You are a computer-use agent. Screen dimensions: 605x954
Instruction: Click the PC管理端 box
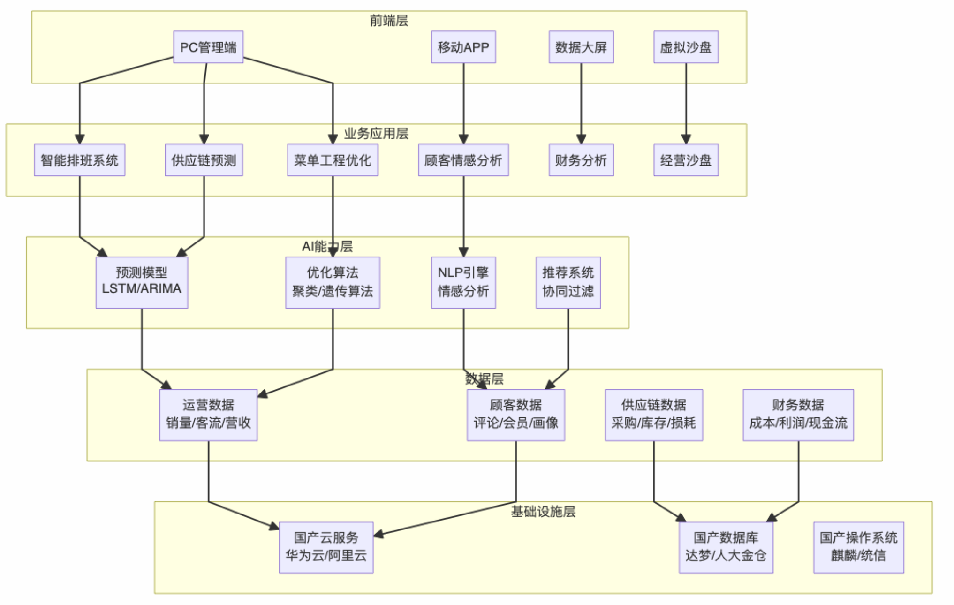(208, 47)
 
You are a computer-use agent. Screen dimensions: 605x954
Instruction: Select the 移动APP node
(463, 47)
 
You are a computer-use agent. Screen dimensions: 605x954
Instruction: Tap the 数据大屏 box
(581, 47)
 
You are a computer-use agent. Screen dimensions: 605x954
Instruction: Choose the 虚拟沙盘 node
(686, 47)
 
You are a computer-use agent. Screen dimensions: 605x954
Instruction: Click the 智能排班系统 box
(79, 160)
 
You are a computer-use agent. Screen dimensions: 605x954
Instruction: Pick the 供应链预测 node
(204, 160)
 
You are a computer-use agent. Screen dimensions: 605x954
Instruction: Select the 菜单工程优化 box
(332, 160)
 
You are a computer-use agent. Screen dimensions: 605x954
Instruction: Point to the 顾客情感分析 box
(463, 160)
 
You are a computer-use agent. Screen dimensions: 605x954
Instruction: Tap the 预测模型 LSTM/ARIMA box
(142, 282)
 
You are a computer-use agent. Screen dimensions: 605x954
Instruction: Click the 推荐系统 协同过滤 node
(568, 282)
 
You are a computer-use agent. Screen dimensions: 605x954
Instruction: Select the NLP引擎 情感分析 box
(463, 282)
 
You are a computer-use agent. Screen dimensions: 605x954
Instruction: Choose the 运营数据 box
(208, 415)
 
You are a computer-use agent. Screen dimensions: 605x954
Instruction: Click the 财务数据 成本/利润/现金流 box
(798, 415)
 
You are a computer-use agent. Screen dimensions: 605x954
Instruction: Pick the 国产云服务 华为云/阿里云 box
(326, 547)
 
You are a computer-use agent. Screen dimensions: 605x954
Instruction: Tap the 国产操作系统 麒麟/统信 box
(858, 547)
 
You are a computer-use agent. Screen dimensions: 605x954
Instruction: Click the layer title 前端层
(389, 20)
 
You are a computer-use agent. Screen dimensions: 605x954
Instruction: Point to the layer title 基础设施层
(543, 512)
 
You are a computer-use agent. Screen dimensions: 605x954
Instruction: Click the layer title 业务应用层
(376, 133)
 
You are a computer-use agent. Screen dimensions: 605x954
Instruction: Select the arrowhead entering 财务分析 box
(581, 140)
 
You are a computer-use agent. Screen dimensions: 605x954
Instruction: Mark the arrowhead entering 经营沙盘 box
(686, 140)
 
